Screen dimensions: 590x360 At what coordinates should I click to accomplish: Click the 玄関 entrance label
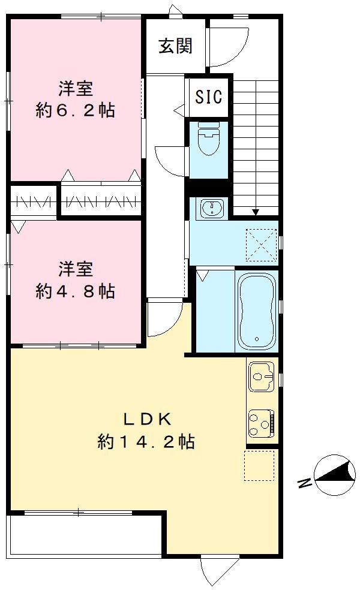click(x=175, y=46)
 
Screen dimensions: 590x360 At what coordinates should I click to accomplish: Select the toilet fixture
click(x=208, y=139)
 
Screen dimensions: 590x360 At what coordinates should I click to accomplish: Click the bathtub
click(x=257, y=311)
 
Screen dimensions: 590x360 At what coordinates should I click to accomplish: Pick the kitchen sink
click(x=260, y=376)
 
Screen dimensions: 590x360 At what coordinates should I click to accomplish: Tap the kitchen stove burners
click(x=261, y=422)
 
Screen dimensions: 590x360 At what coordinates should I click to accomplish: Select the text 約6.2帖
click(x=75, y=111)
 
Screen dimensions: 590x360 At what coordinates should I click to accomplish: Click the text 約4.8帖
click(x=75, y=291)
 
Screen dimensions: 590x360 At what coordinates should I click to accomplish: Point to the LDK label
click(x=146, y=419)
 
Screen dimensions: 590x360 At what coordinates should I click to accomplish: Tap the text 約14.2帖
click(x=146, y=442)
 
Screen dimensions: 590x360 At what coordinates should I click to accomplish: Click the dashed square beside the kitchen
click(x=259, y=465)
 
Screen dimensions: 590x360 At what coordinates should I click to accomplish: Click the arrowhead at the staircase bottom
click(x=256, y=211)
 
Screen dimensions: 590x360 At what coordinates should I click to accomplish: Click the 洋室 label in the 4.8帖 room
click(x=75, y=268)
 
